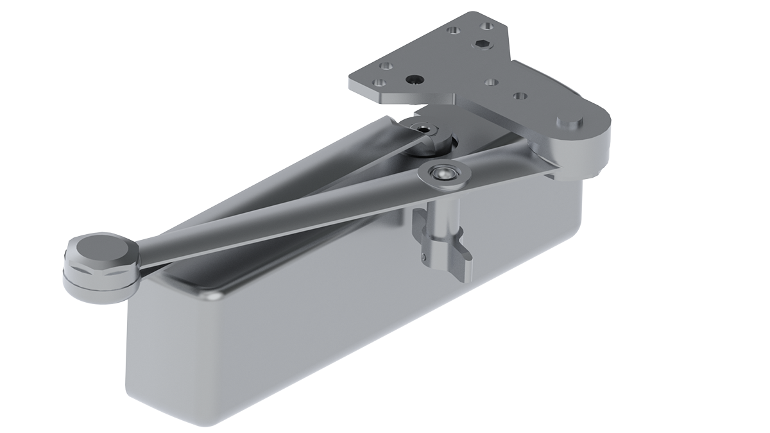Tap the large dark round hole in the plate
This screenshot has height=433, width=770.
[415, 80]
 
